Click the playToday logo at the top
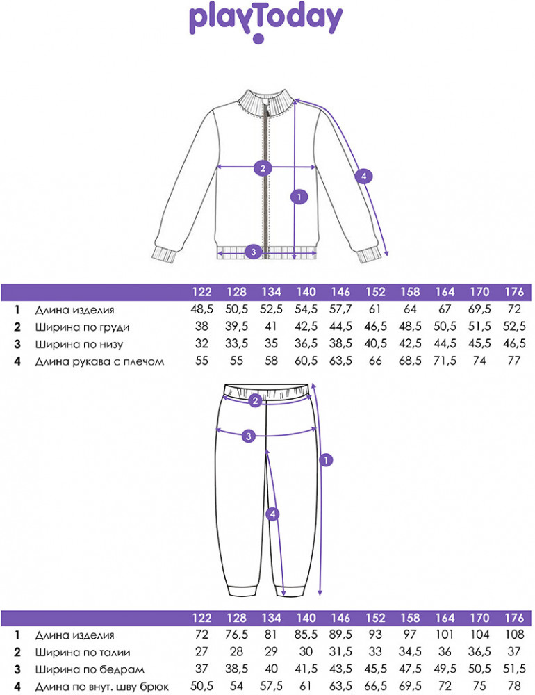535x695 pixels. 266,22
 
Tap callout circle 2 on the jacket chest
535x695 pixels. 263,168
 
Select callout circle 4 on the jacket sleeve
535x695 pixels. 364,177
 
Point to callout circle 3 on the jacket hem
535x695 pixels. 254,252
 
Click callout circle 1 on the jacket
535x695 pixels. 299,197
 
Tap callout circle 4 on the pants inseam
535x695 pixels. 272,514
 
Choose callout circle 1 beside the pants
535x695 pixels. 326,460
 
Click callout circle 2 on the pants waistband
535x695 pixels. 255,401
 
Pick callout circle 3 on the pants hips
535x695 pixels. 249,436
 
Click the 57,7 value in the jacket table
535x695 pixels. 340,309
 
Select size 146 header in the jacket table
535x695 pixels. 340,292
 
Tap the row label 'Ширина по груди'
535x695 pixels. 83,327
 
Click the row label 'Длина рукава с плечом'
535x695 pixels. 100,361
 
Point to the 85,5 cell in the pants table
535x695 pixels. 306,635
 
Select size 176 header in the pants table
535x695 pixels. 514,618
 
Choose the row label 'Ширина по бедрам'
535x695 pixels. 90,669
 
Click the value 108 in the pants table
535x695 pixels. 514,635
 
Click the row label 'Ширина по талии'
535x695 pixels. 83,653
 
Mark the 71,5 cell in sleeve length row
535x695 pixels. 445,361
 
